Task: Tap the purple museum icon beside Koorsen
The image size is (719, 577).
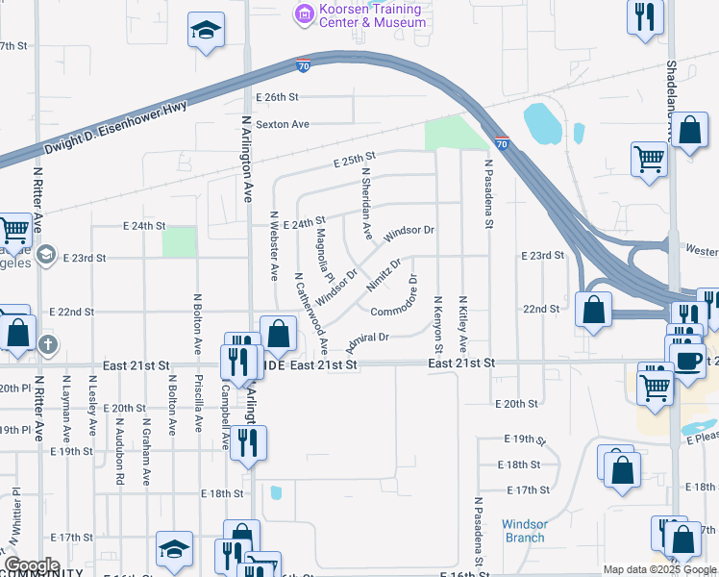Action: (305, 13)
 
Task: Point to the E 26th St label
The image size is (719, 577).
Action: (278, 97)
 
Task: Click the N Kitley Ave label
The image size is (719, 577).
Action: (463, 323)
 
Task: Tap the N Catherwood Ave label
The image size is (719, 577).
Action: (311, 313)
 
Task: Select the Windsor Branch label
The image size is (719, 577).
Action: (525, 531)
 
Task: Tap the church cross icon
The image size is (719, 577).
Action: (49, 343)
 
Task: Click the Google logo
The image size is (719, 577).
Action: (32, 565)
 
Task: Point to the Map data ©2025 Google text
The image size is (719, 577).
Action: (659, 569)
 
